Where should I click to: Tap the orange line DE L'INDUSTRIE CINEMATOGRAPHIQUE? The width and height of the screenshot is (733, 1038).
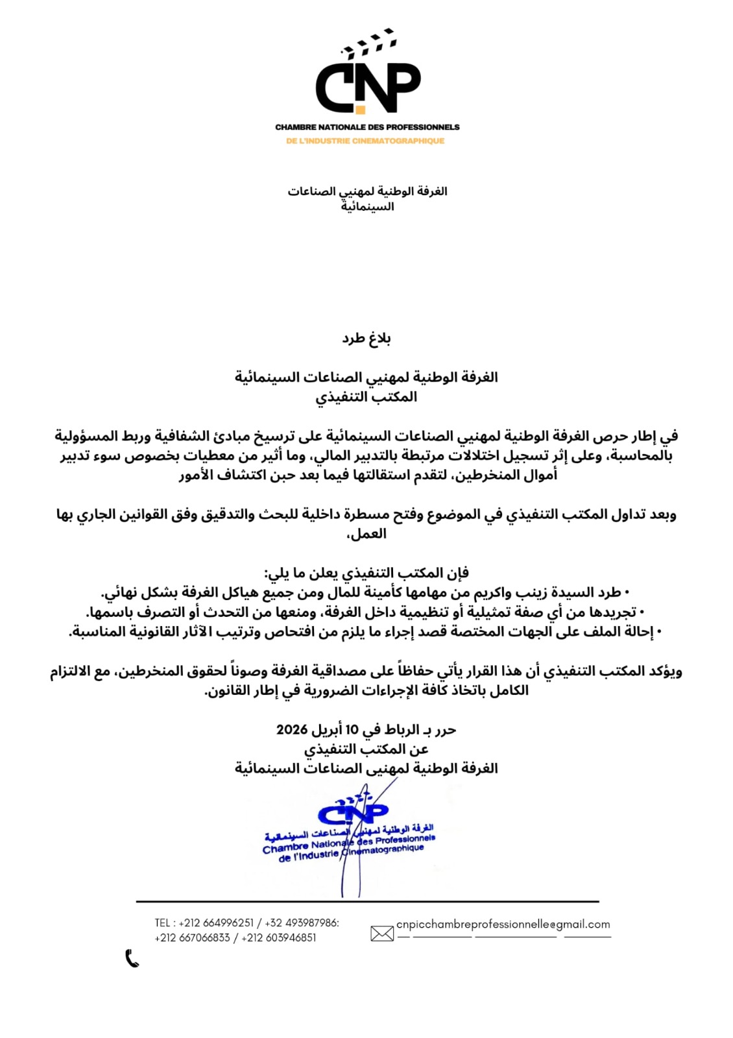[366, 141]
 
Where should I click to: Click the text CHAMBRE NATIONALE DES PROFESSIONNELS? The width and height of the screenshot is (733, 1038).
[367, 127]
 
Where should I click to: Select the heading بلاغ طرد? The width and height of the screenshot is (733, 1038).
[367, 338]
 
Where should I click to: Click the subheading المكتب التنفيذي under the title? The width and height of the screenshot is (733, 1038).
[367, 396]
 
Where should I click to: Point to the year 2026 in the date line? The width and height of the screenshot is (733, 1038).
[292, 729]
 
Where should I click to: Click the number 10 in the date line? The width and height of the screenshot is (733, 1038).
[351, 729]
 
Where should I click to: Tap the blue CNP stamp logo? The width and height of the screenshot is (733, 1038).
[354, 811]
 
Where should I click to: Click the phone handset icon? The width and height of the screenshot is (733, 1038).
[132, 958]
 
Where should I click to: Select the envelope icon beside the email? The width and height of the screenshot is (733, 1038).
[382, 933]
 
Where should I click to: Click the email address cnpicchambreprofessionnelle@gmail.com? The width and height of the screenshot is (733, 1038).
[503, 924]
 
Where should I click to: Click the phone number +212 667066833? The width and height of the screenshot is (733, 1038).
[192, 937]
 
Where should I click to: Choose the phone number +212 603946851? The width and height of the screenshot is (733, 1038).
[278, 937]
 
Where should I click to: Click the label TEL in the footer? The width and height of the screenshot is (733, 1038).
[162, 923]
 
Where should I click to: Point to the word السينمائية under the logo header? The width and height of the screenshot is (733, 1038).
[367, 206]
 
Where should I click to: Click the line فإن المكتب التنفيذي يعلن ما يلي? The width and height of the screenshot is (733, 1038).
[367, 573]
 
